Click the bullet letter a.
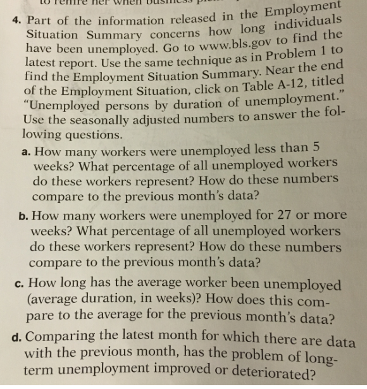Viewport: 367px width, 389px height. pyautogui.click(x=24, y=150)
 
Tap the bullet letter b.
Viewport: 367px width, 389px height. pyautogui.click(x=23, y=216)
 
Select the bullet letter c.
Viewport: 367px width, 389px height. pyautogui.click(x=23, y=280)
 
